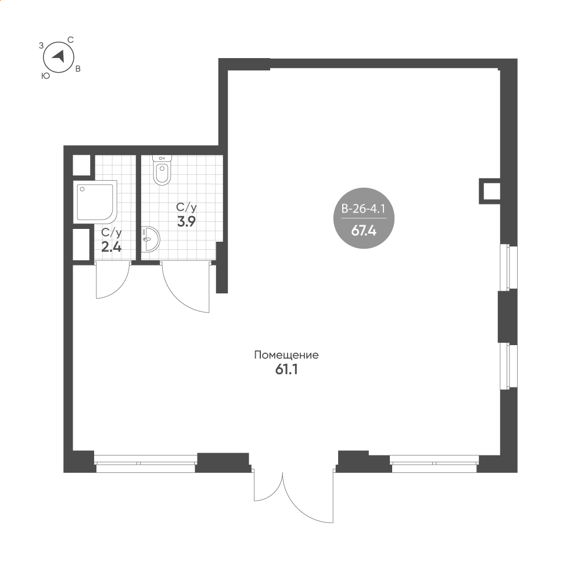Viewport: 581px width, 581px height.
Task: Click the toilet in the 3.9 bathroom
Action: click(162, 170)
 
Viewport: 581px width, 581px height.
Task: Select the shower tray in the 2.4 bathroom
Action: click(95, 202)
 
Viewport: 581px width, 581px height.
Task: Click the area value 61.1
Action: click(286, 370)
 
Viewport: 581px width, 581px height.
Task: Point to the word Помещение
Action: click(286, 355)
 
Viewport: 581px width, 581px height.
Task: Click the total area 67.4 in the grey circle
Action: click(364, 231)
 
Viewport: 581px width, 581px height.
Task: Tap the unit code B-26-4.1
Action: click(364, 209)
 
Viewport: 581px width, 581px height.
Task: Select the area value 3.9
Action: click(187, 221)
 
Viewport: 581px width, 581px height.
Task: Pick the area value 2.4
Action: click(111, 247)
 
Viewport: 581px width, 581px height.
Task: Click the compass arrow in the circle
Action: click(59, 57)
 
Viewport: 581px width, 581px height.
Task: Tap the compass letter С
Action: click(70, 40)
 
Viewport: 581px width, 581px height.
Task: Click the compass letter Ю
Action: click(45, 76)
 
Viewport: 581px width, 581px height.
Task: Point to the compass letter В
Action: click(78, 69)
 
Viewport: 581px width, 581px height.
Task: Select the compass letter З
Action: click(41, 46)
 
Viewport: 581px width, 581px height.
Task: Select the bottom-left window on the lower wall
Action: click(145, 463)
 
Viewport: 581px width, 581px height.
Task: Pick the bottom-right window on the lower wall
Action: click(434, 463)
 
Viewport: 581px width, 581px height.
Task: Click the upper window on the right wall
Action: click(508, 267)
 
